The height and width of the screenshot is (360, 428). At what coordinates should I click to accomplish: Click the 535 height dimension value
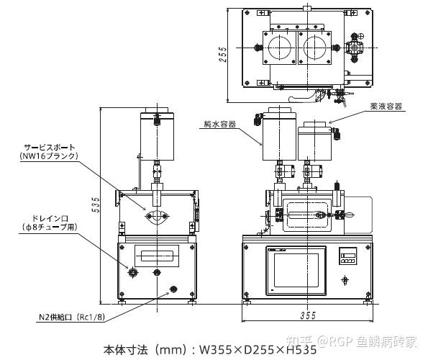(x=96, y=204)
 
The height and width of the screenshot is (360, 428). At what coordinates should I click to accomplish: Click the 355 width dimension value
(x=308, y=316)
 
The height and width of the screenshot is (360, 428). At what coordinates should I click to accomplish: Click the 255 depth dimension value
(x=223, y=54)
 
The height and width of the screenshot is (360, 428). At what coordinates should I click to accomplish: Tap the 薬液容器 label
(x=386, y=107)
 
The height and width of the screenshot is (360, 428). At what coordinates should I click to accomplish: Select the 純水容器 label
(x=220, y=125)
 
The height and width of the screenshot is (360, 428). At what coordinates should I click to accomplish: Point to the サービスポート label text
(x=49, y=148)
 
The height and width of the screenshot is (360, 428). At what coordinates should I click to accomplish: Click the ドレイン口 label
(x=50, y=218)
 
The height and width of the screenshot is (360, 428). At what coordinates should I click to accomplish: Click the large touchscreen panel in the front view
(x=296, y=271)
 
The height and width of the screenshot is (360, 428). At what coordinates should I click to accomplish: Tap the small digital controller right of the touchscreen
(x=347, y=256)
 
